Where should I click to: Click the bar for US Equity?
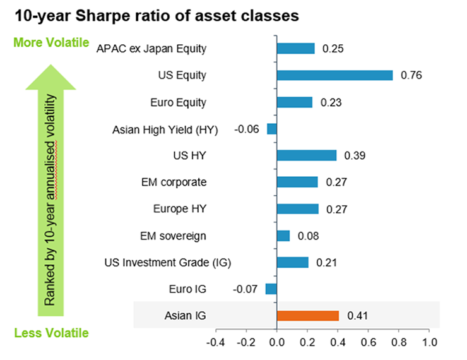pos(334,75)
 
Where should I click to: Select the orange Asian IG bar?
pos(308,316)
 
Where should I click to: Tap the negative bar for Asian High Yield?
pos(272,129)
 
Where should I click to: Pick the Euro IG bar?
pos(271,289)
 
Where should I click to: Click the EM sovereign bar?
pos(283,236)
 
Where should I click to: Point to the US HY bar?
pos(307,155)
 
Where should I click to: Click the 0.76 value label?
pos(411,75)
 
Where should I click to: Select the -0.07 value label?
pos(245,289)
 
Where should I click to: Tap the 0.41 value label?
pos(357,316)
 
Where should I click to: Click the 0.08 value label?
pos(308,236)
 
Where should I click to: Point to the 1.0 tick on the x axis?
pos(430,342)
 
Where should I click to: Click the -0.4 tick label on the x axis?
pos(215,342)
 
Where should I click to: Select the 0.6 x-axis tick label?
pos(369,342)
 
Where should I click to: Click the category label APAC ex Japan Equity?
pos(151,49)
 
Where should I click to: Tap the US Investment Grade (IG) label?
pos(168,263)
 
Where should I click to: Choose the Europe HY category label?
pos(180,209)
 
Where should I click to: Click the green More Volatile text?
pos(51,42)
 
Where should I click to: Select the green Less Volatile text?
pos(52,333)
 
